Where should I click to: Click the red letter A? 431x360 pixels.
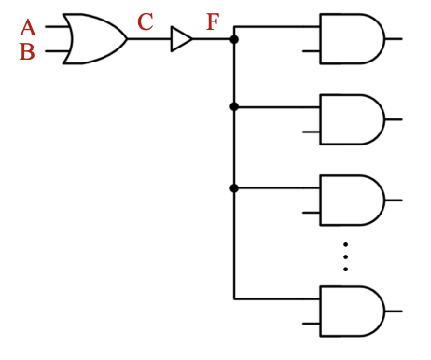click(x=27, y=28)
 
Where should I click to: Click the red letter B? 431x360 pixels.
click(x=27, y=52)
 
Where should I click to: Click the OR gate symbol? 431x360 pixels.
click(x=93, y=39)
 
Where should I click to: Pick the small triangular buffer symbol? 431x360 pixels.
click(x=181, y=39)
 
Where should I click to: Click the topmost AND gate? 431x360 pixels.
click(x=351, y=39)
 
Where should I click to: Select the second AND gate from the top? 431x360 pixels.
click(x=351, y=119)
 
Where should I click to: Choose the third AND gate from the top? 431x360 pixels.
click(x=351, y=200)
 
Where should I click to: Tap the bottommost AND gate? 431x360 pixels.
click(x=351, y=311)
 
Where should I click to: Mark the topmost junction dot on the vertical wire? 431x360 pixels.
click(x=234, y=39)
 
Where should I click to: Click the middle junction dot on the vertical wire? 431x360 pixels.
click(x=234, y=107)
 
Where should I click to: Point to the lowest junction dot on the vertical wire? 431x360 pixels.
click(x=234, y=187)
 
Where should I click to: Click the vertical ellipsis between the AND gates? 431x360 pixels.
click(x=345, y=256)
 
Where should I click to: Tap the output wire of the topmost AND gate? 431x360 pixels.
click(x=394, y=39)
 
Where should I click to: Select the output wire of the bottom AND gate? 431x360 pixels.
click(x=394, y=311)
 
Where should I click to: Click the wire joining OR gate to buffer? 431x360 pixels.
click(x=149, y=39)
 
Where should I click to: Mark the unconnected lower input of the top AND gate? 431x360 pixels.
click(x=311, y=51)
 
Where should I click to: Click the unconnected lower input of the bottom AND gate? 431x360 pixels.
click(x=311, y=323)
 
